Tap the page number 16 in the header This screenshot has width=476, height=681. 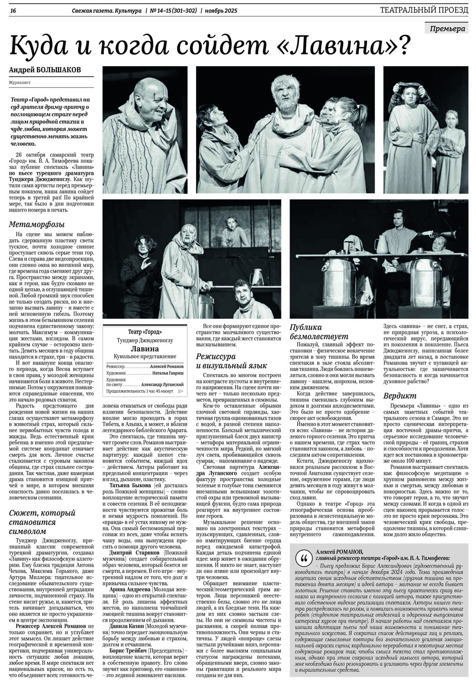tap(12, 10)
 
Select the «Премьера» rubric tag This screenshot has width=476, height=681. tap(448, 29)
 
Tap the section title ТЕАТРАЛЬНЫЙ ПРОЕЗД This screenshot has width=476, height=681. tap(424, 10)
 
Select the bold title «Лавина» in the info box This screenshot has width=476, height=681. tap(144, 349)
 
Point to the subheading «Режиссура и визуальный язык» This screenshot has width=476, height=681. tap(231, 361)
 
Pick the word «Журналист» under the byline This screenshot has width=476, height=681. tap(18, 83)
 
